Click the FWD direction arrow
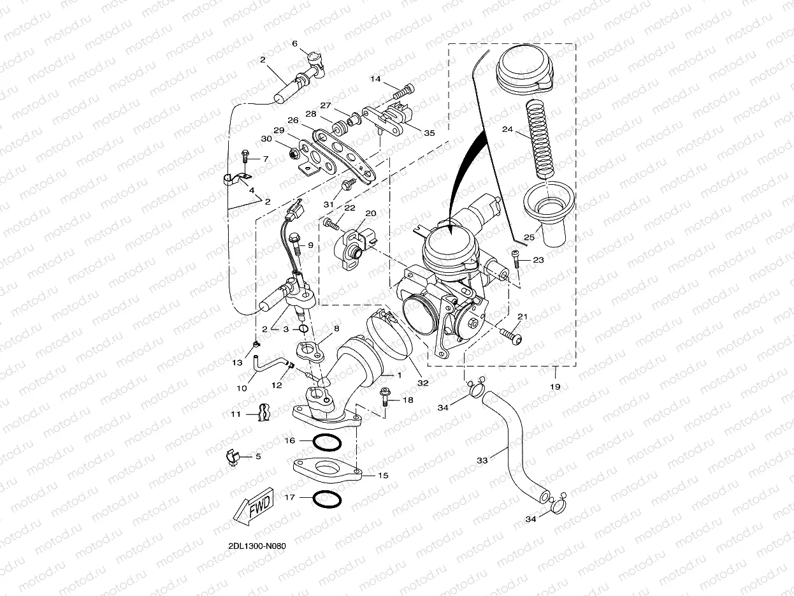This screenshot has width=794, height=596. [x=254, y=509]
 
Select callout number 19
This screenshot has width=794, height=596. [x=554, y=387]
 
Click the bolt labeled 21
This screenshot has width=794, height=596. [x=511, y=333]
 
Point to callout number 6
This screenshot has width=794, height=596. [x=294, y=44]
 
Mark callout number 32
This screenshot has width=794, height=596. [x=422, y=383]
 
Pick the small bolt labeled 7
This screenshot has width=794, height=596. [x=245, y=156]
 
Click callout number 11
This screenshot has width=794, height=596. [x=235, y=414]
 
